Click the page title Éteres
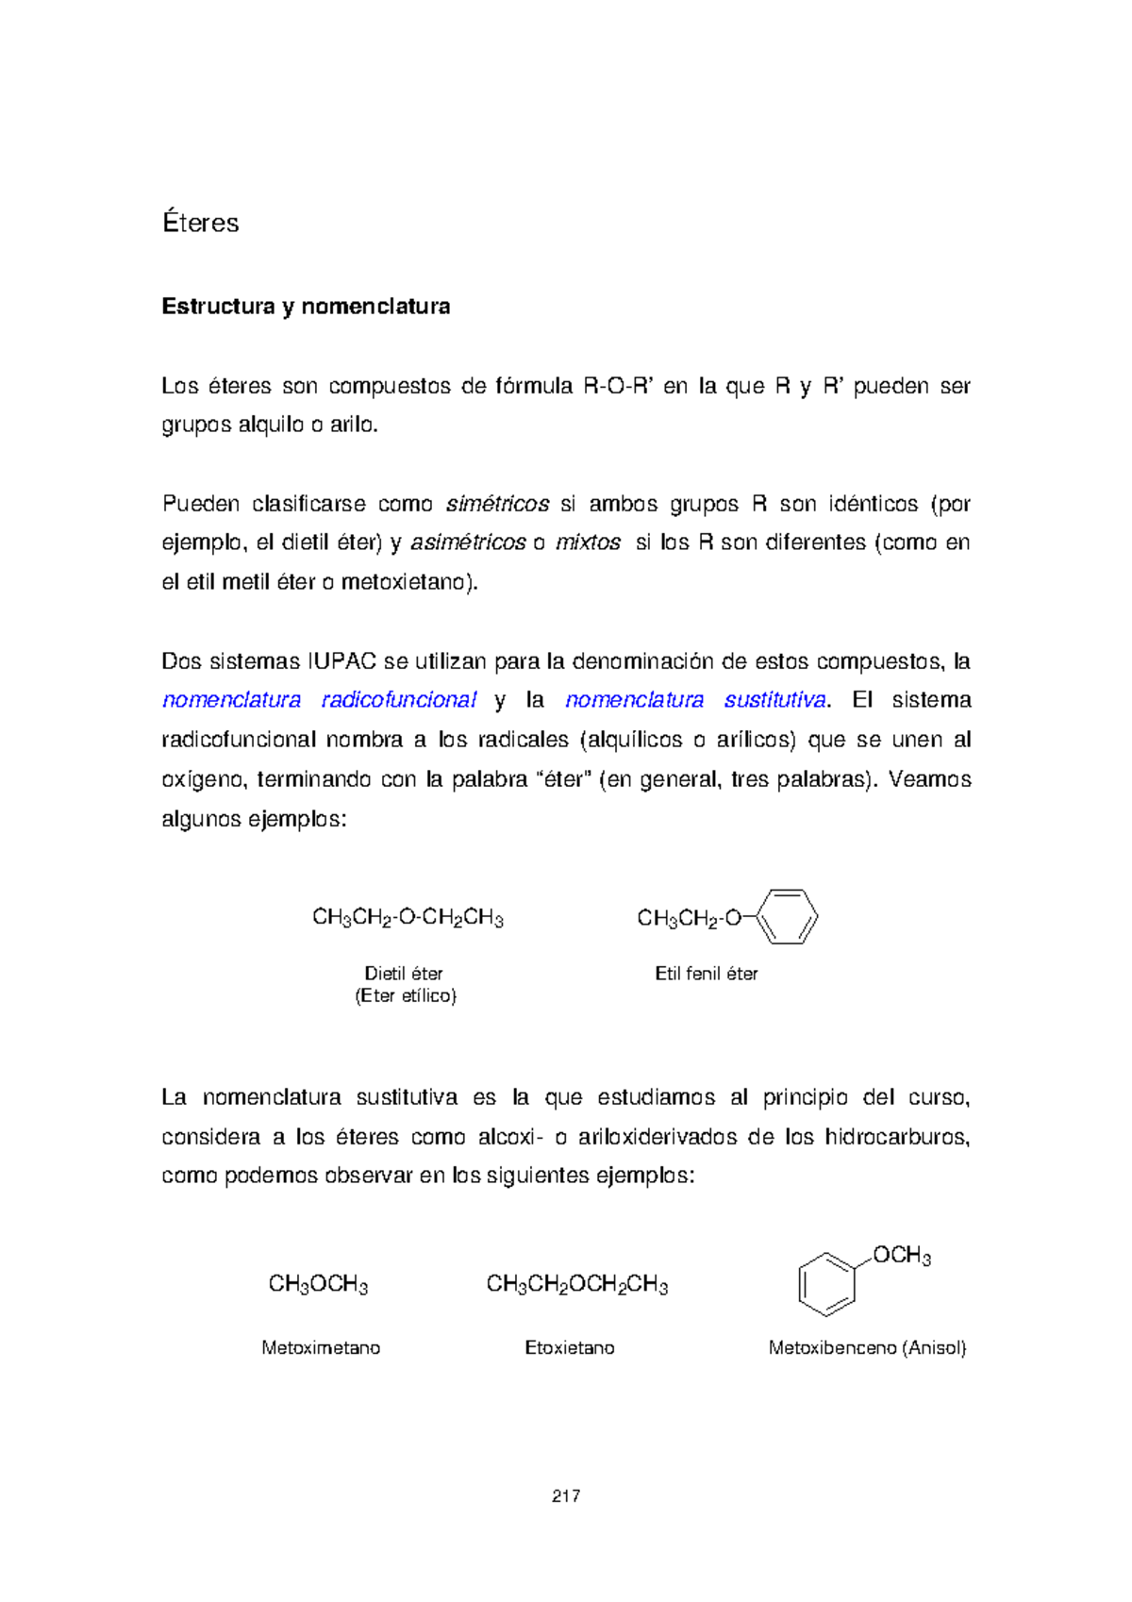(200, 223)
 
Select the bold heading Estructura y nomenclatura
(306, 307)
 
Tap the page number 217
(566, 1495)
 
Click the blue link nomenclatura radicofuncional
(319, 700)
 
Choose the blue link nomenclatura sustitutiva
(695, 700)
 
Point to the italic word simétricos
(497, 504)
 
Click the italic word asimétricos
(469, 542)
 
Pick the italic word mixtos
(588, 542)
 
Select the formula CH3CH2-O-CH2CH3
(408, 918)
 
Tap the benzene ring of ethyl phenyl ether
(787, 916)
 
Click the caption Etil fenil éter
(707, 974)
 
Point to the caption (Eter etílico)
(406, 996)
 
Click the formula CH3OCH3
(318, 1284)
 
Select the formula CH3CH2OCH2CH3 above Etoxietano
(576, 1284)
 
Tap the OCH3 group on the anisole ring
(901, 1256)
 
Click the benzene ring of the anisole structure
(826, 1284)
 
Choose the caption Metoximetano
(321, 1348)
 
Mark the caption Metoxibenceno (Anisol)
(867, 1348)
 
